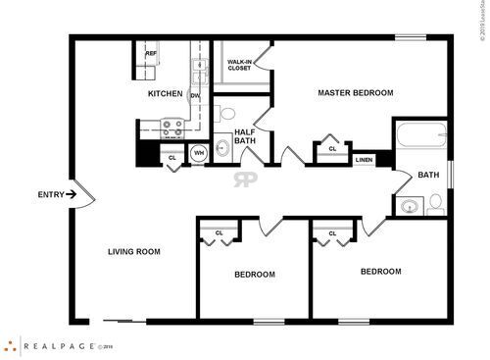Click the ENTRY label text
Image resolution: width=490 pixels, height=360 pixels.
click(50, 194)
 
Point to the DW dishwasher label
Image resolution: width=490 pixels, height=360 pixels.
click(195, 95)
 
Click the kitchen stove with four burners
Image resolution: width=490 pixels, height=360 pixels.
click(172, 127)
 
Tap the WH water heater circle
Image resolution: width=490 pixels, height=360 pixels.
click(198, 153)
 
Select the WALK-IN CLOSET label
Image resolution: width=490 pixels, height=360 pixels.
click(239, 65)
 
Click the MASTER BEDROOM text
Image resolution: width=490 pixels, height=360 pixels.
click(355, 93)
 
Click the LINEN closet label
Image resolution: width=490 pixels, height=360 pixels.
click(364, 159)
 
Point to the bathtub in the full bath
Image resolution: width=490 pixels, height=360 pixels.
click(419, 136)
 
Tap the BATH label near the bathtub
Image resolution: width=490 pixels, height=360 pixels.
click(428, 176)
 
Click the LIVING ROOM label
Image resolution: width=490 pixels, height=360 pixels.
click(133, 252)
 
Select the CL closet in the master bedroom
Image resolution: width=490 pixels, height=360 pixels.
click(332, 149)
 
